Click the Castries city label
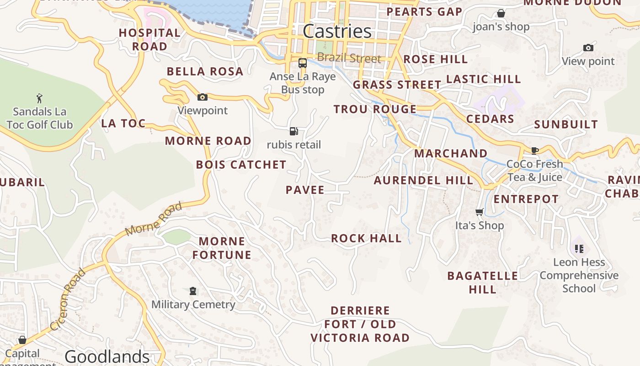tap(337, 31)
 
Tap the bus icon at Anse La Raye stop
tap(302, 63)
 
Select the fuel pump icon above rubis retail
tap(294, 132)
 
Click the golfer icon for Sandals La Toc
tap(39, 98)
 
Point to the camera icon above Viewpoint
tap(202, 97)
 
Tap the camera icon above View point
tap(588, 48)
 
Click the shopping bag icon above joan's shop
tap(501, 13)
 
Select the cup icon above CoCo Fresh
tap(534, 151)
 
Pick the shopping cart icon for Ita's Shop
tap(479, 212)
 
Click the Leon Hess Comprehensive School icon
tap(579, 249)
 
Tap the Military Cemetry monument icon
tap(193, 291)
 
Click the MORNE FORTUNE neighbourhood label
tap(222, 248)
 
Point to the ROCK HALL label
tap(366, 238)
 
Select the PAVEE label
tap(305, 190)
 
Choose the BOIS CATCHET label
tap(241, 165)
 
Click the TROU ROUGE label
tap(375, 109)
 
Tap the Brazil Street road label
tap(349, 58)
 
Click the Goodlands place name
tap(107, 356)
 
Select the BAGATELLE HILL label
tap(482, 282)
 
